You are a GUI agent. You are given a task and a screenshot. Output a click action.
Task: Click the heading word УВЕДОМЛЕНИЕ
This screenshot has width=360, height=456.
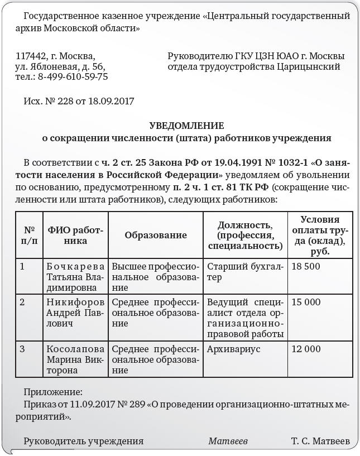tap(186, 126)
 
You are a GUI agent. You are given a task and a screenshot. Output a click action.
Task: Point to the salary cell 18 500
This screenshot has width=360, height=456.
tap(306, 266)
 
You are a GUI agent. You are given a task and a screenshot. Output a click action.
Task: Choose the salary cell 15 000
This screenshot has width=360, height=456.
tap(306, 302)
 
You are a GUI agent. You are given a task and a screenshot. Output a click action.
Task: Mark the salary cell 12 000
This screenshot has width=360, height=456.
tap(306, 349)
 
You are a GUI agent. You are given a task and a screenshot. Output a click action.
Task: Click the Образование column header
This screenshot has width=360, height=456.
tap(156, 236)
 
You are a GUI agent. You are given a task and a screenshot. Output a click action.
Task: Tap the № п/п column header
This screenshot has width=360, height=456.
tap(30, 236)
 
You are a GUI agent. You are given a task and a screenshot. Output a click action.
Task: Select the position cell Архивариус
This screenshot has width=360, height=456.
tap(233, 349)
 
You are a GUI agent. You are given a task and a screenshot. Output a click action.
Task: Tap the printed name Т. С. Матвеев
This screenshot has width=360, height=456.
tap(320, 441)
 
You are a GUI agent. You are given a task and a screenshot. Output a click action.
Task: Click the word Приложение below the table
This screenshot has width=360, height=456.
tap(53, 392)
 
